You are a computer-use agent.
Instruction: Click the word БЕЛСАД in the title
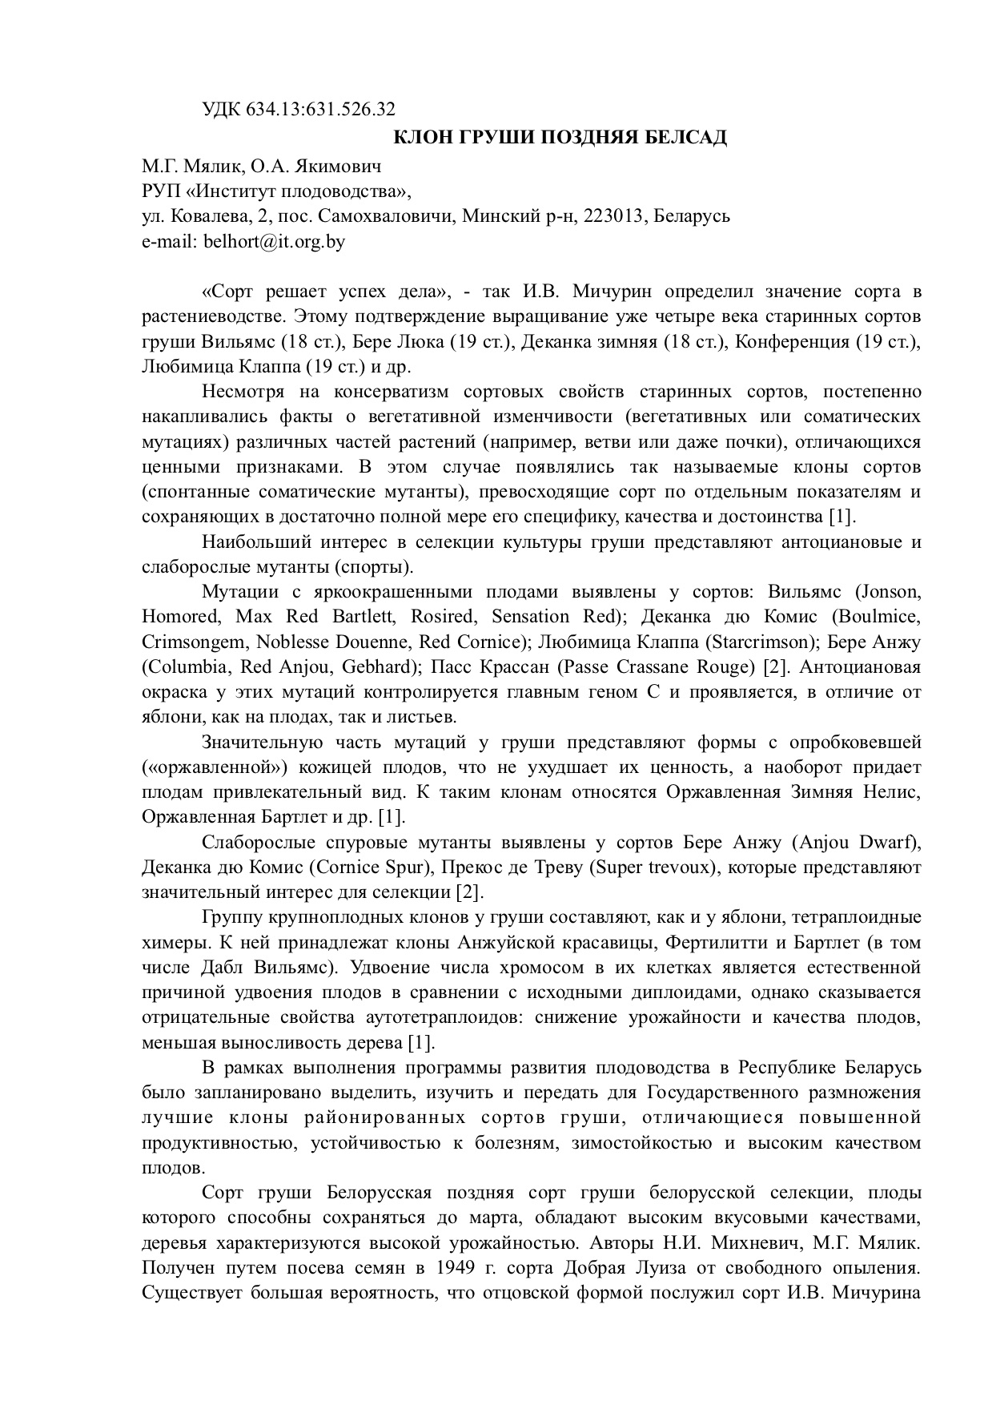point(689,137)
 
